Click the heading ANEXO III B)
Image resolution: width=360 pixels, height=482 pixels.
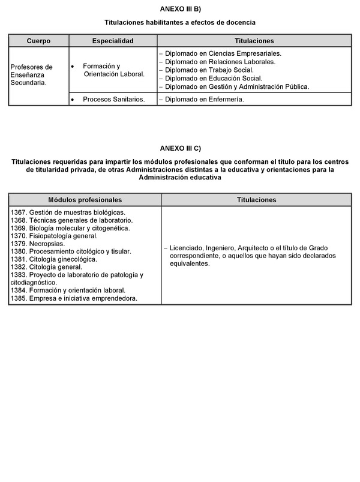pos(180,8)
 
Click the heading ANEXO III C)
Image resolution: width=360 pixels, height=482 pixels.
pos(180,148)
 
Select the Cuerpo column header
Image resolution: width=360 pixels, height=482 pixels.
pos(38,41)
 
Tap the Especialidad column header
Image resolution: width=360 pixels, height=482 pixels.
pos(113,41)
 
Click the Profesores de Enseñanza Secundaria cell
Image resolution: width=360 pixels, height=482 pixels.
pos(32,75)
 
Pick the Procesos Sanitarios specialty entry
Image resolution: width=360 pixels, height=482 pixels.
pos(114,99)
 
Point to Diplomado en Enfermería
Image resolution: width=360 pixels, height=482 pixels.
pos(204,99)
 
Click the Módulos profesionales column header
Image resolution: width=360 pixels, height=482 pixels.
pos(85,200)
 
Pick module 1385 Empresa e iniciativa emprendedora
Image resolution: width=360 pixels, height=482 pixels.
pos(74,298)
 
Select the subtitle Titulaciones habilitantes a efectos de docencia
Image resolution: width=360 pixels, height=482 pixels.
pos(180,22)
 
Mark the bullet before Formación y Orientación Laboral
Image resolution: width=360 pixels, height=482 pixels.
pos(73,65)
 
